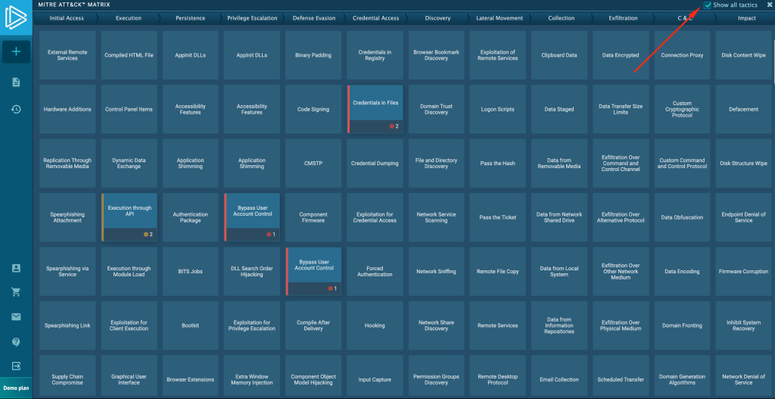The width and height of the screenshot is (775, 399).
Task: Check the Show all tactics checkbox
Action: coord(708,5)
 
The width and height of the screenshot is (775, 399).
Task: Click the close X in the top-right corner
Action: coord(769,5)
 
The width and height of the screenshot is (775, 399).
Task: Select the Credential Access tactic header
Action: coord(375,18)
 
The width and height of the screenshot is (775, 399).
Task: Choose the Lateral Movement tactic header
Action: coord(500,18)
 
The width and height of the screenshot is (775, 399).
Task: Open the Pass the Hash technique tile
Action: coord(498,163)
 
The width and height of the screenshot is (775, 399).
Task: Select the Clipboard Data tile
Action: coord(559,55)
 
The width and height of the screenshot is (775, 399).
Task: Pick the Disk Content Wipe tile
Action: coord(743,55)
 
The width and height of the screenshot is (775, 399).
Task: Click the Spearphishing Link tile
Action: coord(67,326)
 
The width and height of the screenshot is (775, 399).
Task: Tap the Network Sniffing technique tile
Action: coord(437,271)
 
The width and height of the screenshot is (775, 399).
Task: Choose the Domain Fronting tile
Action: coord(682,326)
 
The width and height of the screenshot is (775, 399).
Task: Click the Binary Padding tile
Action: coord(313,55)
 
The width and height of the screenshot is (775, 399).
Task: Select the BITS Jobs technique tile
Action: coord(191,271)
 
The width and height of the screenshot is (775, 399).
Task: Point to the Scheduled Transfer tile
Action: coord(621,379)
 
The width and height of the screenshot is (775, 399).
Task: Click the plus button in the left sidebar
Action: coord(16,51)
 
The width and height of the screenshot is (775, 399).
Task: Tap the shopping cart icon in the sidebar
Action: coord(16,292)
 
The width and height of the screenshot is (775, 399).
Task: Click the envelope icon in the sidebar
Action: coord(16,316)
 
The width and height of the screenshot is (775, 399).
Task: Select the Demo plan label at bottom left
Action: coord(16,388)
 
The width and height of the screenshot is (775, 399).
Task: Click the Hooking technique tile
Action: coord(375,326)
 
